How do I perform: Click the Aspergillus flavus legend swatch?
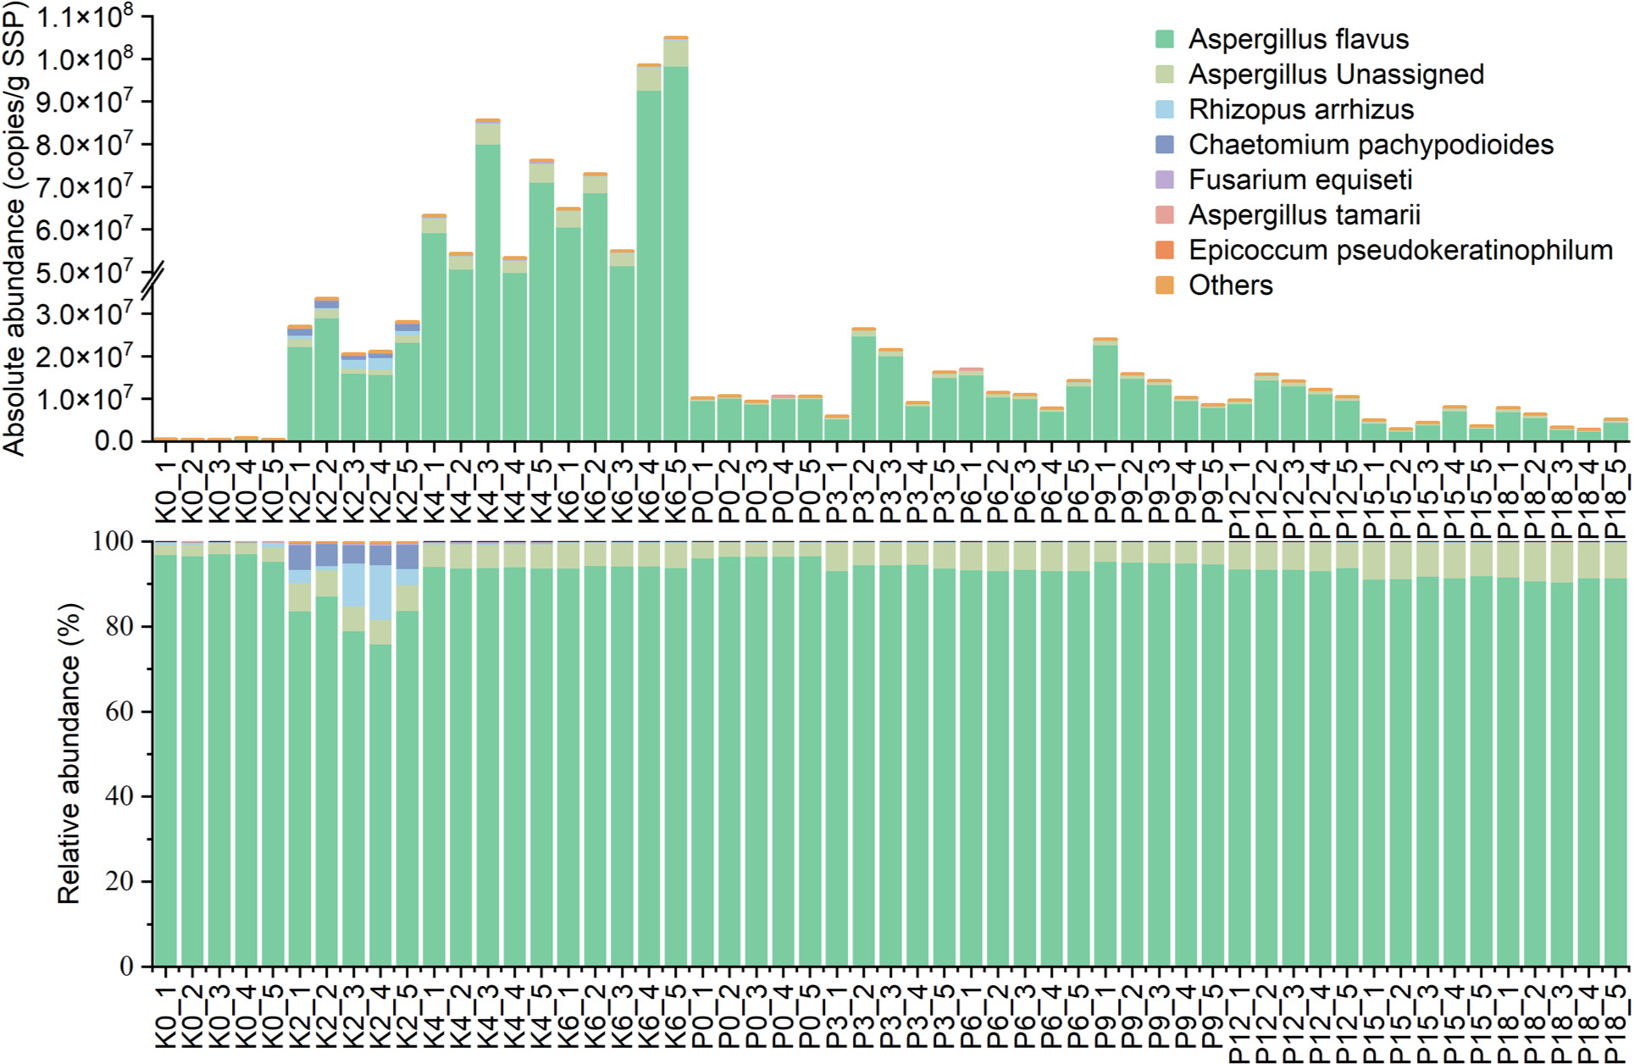[1165, 39]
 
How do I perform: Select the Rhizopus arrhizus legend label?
[1300, 109]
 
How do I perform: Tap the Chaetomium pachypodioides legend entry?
[1370, 145]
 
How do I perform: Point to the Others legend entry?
[1230, 285]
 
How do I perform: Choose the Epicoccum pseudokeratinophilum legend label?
[1399, 250]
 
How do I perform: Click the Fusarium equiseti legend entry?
[1299, 180]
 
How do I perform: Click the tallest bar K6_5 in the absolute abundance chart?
[675, 254]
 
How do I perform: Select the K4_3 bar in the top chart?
[487, 288]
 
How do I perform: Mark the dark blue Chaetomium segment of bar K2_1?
[300, 557]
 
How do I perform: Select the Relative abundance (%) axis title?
[69, 753]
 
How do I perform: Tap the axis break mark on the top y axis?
[153, 281]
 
